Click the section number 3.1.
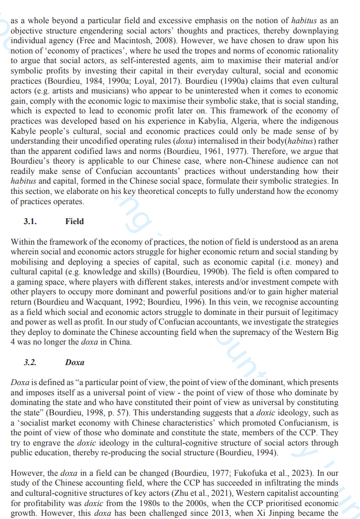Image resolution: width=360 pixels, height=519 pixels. tap(30, 221)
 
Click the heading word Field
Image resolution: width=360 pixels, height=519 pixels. tap(74, 221)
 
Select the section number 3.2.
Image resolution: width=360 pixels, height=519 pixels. tap(30, 362)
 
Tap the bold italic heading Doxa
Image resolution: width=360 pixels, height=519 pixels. tap(74, 362)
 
